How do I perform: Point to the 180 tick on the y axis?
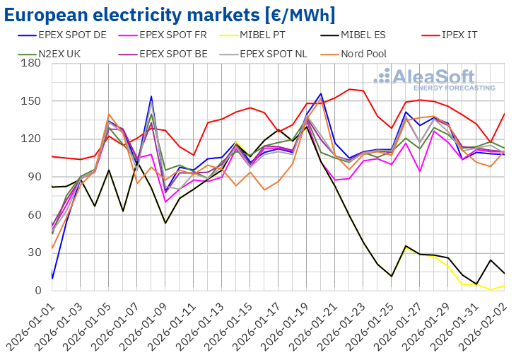click(x=32, y=64)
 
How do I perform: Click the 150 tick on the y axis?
click(x=32, y=101)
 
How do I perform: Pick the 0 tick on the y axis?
click(x=37, y=291)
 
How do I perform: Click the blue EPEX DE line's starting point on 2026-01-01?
click(x=52, y=278)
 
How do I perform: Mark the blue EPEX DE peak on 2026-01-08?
click(x=151, y=97)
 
